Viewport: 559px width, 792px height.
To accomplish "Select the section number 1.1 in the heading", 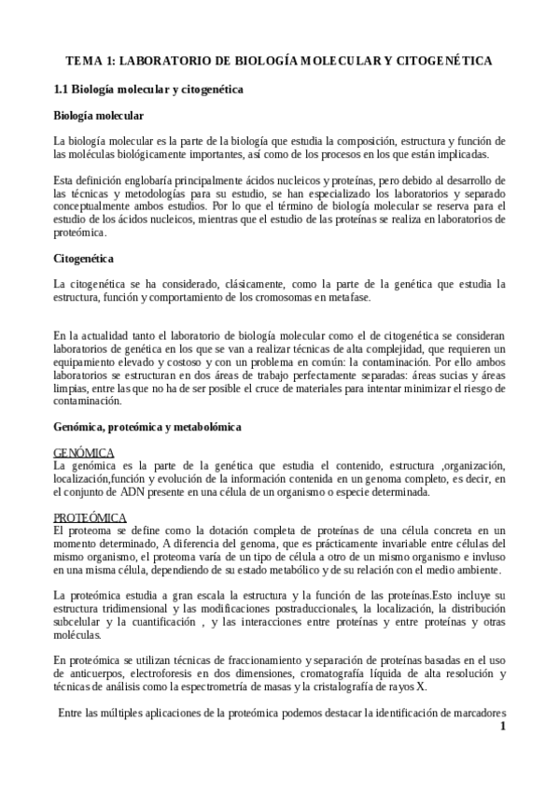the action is point(63,90).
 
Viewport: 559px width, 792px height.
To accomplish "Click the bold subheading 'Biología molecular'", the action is point(99,116).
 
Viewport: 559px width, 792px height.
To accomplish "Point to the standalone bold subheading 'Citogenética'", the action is point(84,257).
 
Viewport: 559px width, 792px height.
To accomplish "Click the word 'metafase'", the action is point(349,297).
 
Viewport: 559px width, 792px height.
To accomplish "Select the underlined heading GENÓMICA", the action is point(84,452).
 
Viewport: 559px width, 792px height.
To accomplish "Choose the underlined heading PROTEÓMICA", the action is point(90,516).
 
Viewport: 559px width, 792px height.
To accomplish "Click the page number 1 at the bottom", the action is point(503,727).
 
